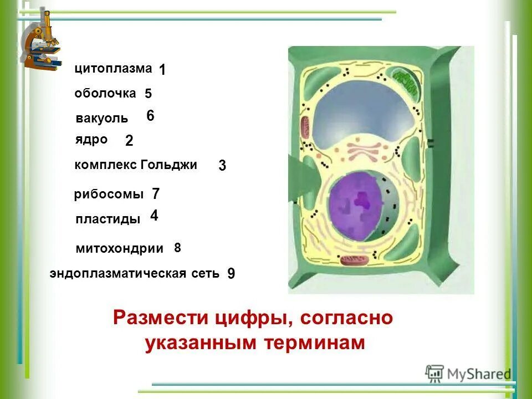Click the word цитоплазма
click(113, 69)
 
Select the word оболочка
click(105, 94)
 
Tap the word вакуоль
click(101, 118)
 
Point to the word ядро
click(91, 140)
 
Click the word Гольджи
click(169, 165)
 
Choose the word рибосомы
click(109, 195)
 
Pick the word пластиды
click(108, 219)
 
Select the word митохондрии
click(120, 249)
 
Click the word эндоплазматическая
click(117, 273)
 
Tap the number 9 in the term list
click(231, 273)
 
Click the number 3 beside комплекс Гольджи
click(222, 166)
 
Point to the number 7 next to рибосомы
click(156, 194)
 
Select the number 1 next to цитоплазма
click(162, 70)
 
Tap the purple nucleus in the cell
click(355, 205)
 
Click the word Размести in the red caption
click(158, 319)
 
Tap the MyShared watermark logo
click(468, 373)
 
